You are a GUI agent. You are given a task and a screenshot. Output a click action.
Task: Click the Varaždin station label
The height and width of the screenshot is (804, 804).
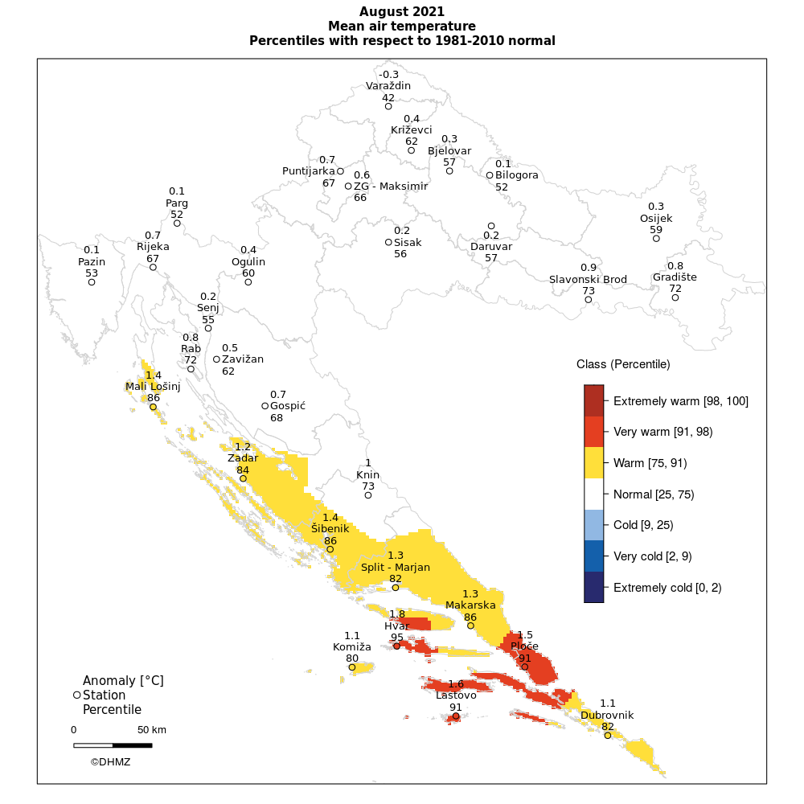point(388,86)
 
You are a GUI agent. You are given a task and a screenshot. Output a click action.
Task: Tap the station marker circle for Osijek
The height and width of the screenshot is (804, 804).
point(656,238)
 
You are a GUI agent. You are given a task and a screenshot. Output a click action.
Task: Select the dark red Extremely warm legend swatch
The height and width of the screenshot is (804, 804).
point(593,400)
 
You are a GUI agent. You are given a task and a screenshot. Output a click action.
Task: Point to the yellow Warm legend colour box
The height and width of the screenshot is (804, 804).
point(593,463)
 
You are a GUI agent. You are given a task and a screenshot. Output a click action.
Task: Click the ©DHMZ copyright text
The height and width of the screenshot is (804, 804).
point(110,761)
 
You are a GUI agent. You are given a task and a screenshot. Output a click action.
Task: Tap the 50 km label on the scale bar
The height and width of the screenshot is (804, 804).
point(151,730)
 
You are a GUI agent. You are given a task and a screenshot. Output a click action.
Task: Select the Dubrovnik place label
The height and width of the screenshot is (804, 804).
point(607,715)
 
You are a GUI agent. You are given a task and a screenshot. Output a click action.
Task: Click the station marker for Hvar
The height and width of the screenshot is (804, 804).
point(396,646)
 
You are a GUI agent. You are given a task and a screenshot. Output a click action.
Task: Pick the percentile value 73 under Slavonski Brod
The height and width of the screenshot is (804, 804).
point(588,290)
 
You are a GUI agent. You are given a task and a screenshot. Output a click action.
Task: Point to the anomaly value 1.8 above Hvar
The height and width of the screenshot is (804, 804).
point(397,614)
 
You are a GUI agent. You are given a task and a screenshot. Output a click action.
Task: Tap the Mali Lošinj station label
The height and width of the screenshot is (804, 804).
point(153,387)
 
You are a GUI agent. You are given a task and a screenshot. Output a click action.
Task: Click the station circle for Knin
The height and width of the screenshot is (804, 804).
point(368,495)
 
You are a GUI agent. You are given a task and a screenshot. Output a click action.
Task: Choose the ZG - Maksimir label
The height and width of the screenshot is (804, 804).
point(391,187)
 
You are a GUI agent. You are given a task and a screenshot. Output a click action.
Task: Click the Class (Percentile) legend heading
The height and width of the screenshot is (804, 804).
point(623,364)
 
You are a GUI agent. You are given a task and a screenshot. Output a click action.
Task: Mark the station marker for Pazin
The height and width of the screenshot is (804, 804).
point(92,282)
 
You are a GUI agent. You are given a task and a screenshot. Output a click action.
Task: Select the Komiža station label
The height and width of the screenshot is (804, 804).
point(352,646)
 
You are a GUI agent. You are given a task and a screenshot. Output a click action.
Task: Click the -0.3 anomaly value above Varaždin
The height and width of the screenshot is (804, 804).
point(388,75)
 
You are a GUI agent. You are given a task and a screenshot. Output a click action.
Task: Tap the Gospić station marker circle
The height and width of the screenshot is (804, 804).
point(265,406)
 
